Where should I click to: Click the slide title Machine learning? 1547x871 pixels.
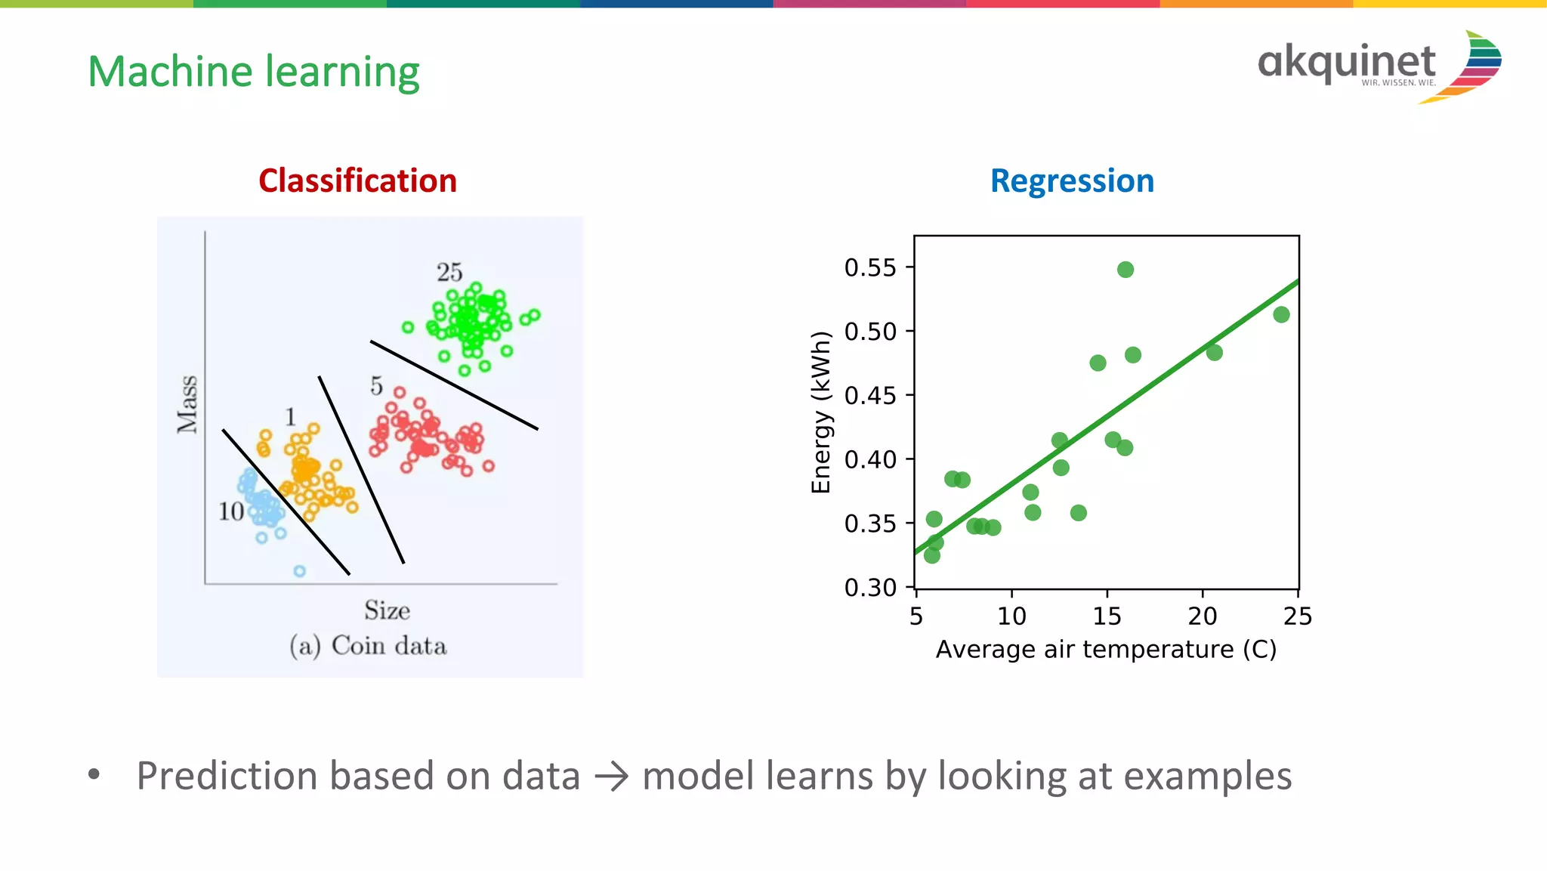coord(254,73)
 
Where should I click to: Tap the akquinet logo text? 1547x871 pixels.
coord(1346,62)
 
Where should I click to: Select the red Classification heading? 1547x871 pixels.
coord(357,181)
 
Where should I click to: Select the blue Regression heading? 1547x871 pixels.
coord(1072,181)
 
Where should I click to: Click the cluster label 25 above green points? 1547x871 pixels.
coord(449,272)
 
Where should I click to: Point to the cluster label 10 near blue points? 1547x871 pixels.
coord(231,511)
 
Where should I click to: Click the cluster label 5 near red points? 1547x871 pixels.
coord(376,386)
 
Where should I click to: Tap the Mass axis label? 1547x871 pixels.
coord(187,404)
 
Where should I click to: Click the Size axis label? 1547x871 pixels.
coord(387,610)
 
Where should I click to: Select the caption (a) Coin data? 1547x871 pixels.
coord(368,646)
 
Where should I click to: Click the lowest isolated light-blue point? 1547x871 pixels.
coord(299,571)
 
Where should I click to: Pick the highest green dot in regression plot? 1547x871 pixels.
coord(1126,270)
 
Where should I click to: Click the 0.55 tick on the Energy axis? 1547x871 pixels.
coord(870,267)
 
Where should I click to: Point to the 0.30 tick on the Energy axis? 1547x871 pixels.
coord(870,587)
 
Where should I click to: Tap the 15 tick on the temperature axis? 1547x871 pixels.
coord(1107,616)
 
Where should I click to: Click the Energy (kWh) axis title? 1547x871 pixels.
coord(820,412)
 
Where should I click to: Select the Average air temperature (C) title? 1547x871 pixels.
coord(1106,650)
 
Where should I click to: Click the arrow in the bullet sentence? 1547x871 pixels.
coord(611,777)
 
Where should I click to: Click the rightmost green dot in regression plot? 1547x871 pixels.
coord(1281,315)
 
